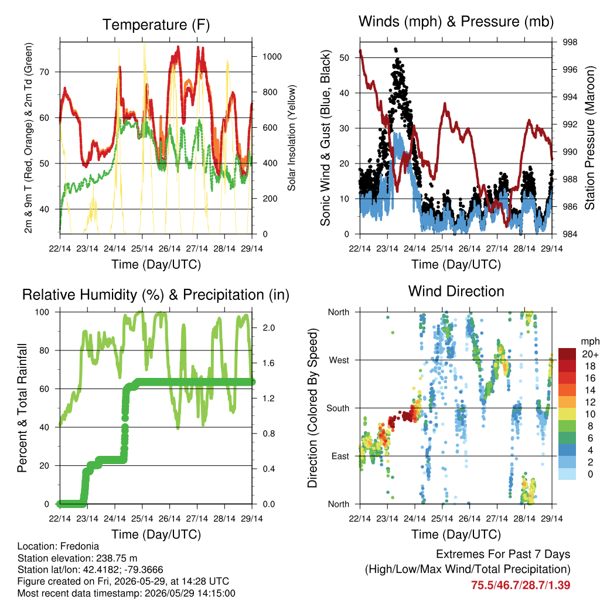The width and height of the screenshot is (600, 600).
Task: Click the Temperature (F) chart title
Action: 156,25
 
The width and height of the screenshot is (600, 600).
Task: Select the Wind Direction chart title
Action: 456,291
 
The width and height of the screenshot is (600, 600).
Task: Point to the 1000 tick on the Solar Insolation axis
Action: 272,57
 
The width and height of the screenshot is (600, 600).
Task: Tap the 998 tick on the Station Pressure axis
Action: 570,42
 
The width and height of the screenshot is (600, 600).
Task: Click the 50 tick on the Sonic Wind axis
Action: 345,58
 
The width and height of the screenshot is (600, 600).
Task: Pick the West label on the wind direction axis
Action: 339,360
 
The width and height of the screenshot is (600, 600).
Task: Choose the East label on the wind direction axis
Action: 340,456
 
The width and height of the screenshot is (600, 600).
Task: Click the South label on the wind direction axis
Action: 338,408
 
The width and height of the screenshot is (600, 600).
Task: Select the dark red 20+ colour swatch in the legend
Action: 567,354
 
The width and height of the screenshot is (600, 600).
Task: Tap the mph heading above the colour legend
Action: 590,342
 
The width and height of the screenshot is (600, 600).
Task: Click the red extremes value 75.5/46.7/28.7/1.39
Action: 520,585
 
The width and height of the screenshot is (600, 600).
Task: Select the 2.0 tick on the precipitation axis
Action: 268,328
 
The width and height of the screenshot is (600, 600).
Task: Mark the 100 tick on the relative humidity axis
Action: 42,312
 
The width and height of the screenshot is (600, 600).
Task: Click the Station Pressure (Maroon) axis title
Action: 589,138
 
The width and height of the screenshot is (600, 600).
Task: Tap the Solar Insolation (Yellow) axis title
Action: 292,138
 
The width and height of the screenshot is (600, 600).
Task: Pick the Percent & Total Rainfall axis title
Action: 22,408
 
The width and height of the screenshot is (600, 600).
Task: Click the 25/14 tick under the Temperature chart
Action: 142,248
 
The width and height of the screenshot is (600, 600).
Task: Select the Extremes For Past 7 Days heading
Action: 503,554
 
